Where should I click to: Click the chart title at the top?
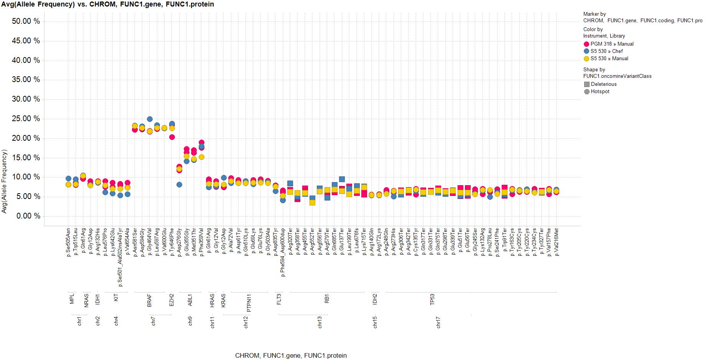pyautogui.click(x=107, y=4)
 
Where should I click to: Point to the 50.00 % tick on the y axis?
pyautogui.click(x=26, y=21)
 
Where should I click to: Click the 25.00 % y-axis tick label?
pyautogui.click(x=26, y=119)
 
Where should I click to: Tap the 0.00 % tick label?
pyautogui.click(x=28, y=216)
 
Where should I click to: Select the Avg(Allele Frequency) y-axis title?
pyautogui.click(x=4, y=181)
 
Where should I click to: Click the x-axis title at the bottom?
pyautogui.click(x=291, y=355)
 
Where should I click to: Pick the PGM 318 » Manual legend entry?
pyautogui.click(x=611, y=44)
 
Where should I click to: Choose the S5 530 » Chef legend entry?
pyautogui.click(x=606, y=51)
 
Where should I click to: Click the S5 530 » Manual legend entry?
pyautogui.click(x=609, y=59)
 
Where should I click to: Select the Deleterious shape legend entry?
pyautogui.click(x=603, y=84)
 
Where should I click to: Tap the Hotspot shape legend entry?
pyautogui.click(x=600, y=92)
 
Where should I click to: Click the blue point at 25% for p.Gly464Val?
pyautogui.click(x=150, y=119)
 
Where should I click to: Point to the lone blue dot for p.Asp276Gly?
pyautogui.click(x=179, y=185)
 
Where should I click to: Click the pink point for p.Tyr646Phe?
pyautogui.click(x=172, y=137)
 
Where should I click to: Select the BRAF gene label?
pyautogui.click(x=149, y=301)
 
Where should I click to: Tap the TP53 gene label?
pyautogui.click(x=432, y=299)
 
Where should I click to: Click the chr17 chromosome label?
pyautogui.click(x=438, y=322)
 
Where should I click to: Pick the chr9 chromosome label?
pyautogui.click(x=190, y=321)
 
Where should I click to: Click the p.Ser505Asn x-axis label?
pyautogui.click(x=68, y=243)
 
